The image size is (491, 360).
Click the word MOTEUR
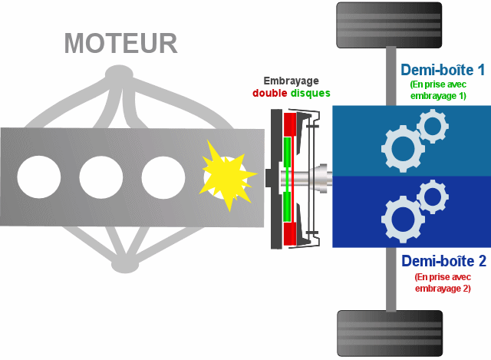point(121,43)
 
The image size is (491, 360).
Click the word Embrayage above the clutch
point(291,81)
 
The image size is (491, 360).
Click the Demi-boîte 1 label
point(442,70)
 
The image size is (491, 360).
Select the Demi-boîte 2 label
point(443,259)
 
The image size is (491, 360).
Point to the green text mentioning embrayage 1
point(438,90)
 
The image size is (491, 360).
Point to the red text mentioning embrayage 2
point(443,282)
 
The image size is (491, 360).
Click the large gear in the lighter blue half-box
point(401,148)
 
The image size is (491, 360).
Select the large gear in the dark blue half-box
point(401,219)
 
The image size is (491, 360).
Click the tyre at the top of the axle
point(390,25)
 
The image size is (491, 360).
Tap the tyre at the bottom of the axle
point(390,333)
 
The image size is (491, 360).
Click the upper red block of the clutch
point(289,124)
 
